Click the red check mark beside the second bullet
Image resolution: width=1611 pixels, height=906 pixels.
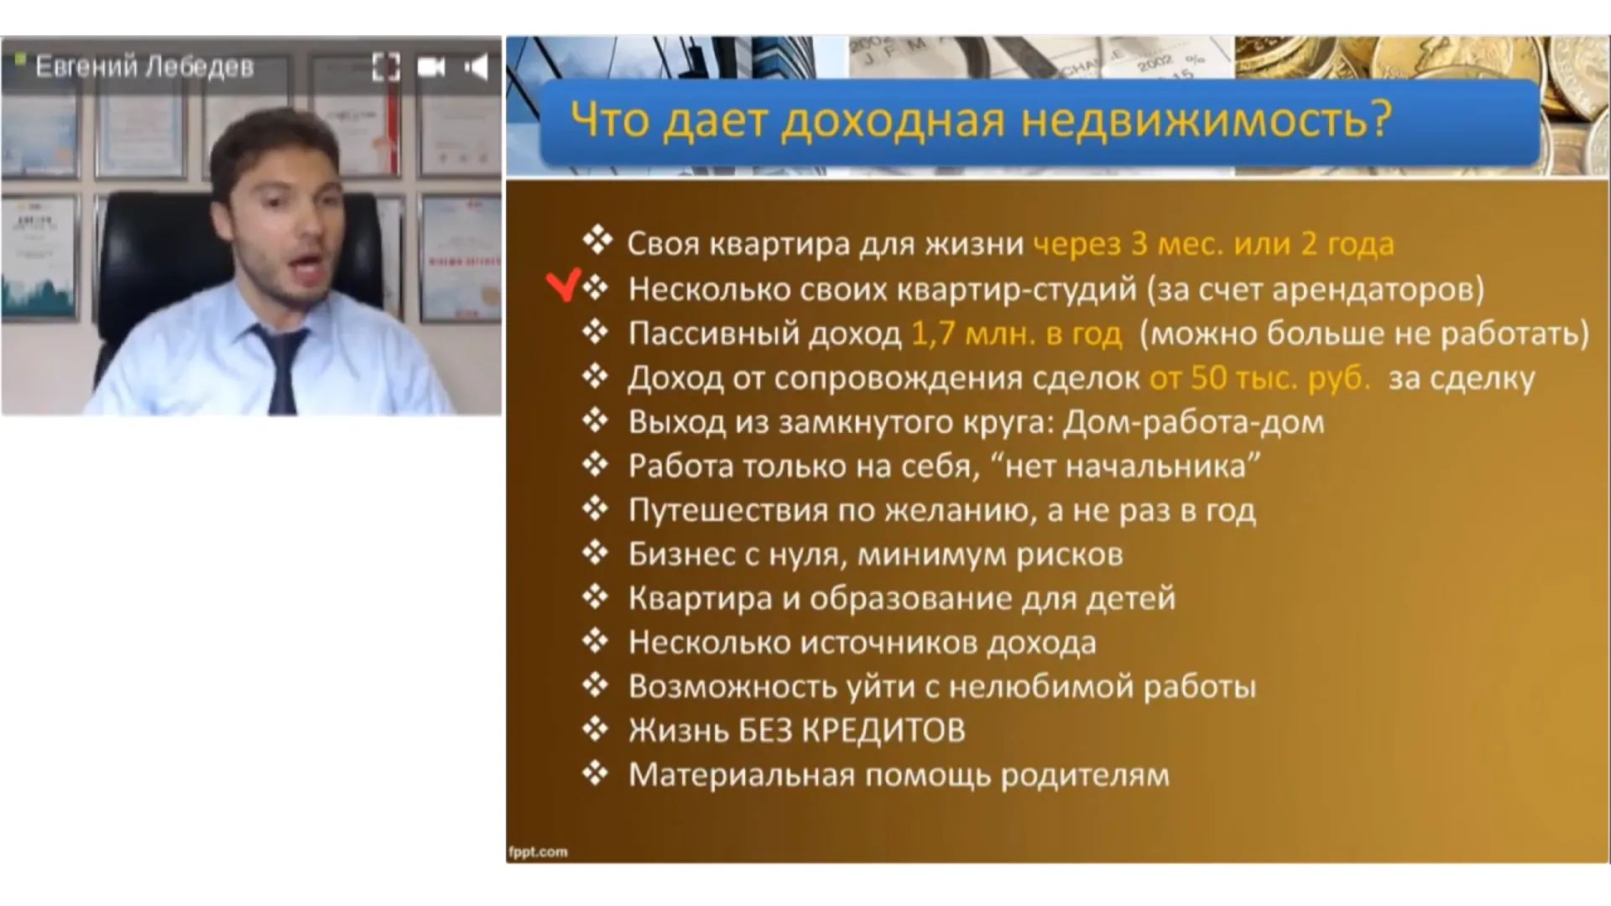563,285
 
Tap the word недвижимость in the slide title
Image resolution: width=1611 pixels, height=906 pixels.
1207,119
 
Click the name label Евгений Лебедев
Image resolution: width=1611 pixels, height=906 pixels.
144,66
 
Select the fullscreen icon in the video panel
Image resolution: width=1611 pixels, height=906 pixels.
386,67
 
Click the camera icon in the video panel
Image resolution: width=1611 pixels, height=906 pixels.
431,67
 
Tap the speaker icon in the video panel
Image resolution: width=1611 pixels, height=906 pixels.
477,67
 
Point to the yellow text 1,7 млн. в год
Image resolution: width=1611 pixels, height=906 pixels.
1016,334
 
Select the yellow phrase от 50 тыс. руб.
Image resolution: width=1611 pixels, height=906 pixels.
1259,378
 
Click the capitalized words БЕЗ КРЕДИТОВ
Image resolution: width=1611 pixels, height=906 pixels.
852,731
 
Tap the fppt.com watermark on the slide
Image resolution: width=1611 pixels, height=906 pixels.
538,852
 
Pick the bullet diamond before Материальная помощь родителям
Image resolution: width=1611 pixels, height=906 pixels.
596,773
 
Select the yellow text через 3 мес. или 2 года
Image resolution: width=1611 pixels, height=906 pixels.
1213,244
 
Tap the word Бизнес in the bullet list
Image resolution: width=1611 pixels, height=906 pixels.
681,555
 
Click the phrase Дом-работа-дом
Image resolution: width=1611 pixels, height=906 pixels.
1194,422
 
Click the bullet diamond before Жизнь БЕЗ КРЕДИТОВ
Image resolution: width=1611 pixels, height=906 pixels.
596,728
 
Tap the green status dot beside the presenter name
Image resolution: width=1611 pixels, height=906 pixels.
21,58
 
